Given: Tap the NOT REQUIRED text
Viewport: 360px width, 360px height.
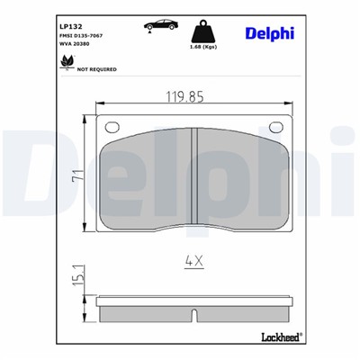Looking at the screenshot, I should tap(96, 67).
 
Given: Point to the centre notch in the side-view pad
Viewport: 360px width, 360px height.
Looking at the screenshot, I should tap(194, 316).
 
